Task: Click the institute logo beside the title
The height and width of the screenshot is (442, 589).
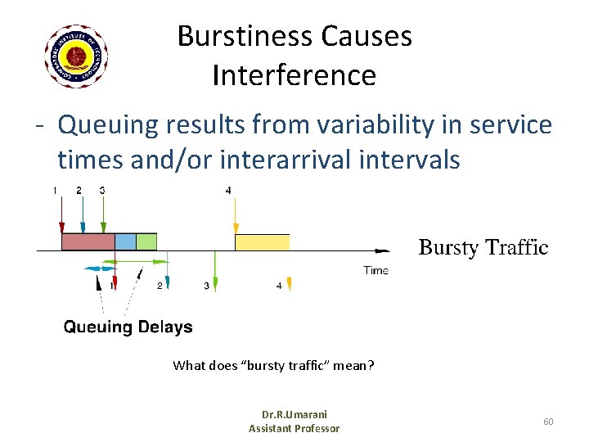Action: coord(76,56)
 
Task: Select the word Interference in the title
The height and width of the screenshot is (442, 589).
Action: coord(294,75)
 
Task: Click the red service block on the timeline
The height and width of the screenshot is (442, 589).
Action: coord(88,241)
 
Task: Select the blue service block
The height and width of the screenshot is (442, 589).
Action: coord(125,241)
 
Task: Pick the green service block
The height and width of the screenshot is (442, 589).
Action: coord(146,241)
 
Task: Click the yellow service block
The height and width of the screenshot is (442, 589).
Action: coord(262,241)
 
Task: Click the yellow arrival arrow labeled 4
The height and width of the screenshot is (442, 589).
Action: coord(236,219)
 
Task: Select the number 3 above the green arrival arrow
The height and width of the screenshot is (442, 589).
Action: coord(102,191)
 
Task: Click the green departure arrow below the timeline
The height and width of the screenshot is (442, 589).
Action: coord(215,270)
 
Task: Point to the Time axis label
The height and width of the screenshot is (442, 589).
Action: coord(375,270)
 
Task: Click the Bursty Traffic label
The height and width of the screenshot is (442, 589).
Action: coord(483,247)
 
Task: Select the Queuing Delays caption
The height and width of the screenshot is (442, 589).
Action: coord(128,327)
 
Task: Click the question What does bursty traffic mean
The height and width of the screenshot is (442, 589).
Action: coord(273,365)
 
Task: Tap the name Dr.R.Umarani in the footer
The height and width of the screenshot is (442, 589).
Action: coord(294,415)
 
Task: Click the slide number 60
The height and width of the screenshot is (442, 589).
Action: coord(548,421)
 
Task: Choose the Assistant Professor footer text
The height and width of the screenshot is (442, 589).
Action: coord(294,428)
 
